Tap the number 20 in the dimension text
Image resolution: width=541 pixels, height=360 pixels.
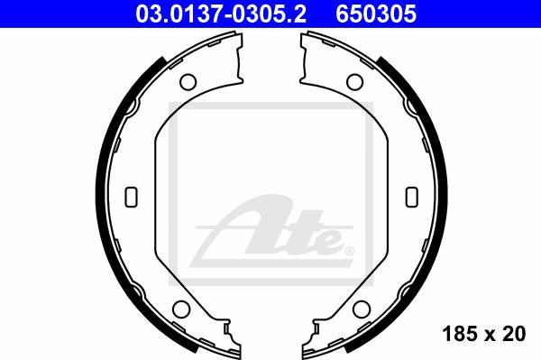(515, 335)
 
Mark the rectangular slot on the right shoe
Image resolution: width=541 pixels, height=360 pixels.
(412, 196)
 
